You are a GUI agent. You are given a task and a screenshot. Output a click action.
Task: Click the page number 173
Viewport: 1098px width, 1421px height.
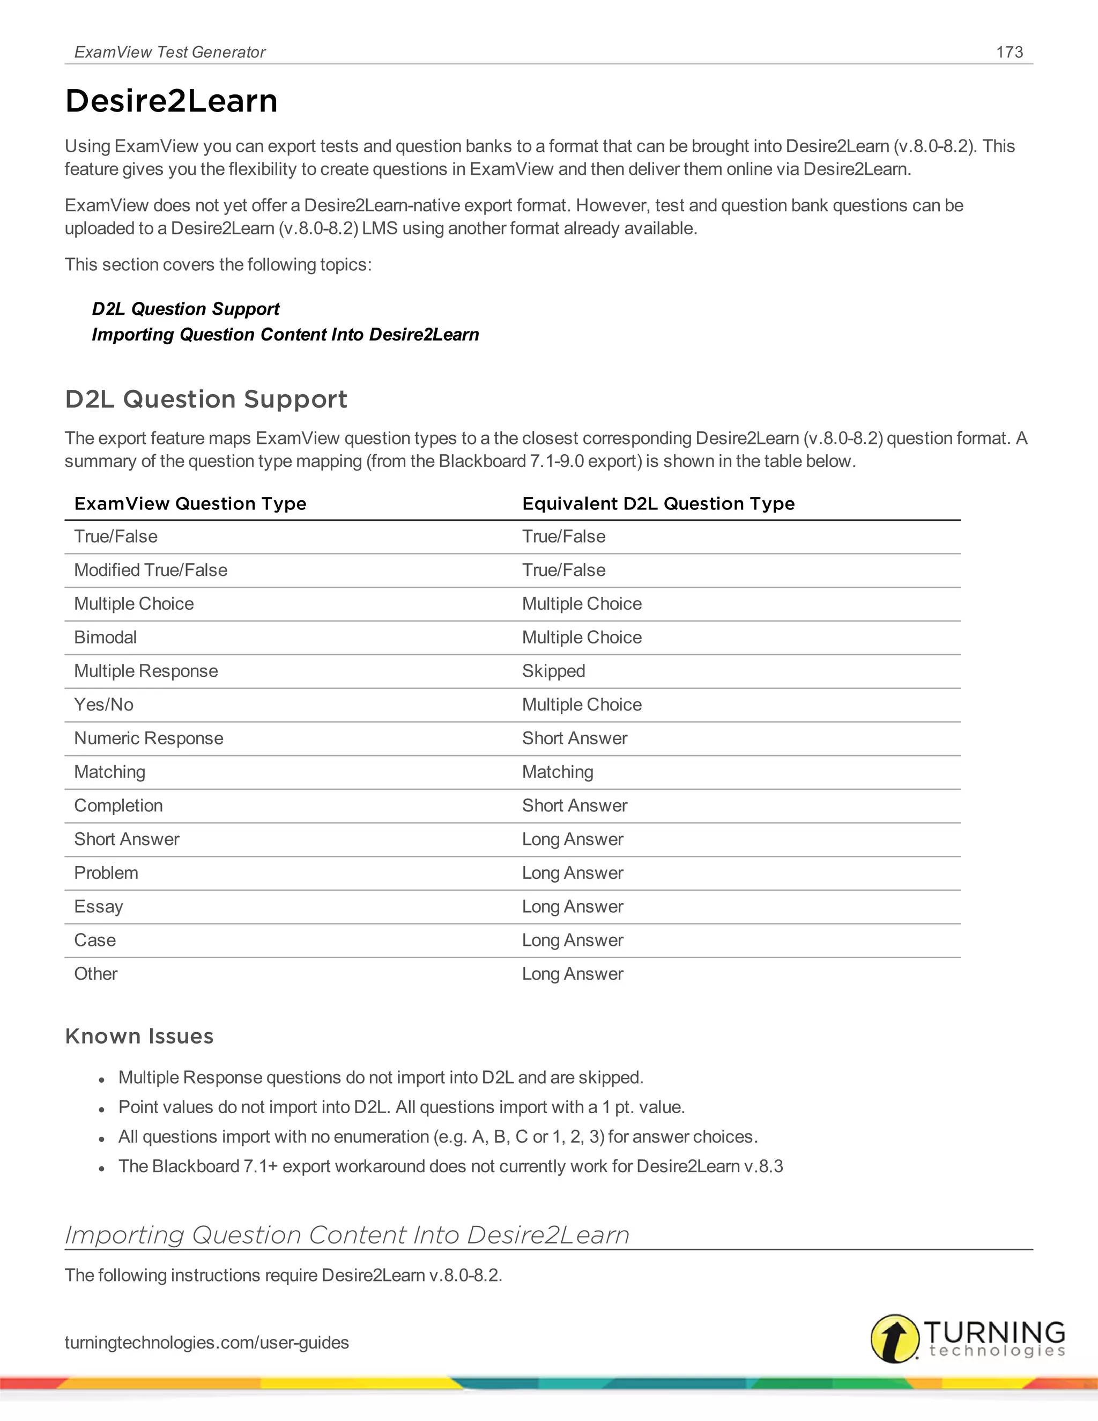tap(1009, 52)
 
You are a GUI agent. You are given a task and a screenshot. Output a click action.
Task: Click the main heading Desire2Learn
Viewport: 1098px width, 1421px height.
tap(171, 101)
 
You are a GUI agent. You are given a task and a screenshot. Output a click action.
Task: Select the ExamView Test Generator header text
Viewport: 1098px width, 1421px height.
tap(170, 52)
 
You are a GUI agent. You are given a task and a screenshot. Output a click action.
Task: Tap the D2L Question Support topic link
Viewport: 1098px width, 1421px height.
tap(186, 308)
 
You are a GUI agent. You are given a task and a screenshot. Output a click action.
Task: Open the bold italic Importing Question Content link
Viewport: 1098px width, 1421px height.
tap(285, 335)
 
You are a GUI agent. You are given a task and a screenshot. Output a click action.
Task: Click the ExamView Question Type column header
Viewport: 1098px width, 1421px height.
tap(190, 504)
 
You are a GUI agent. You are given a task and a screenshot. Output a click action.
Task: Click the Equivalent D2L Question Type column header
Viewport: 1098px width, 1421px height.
tap(658, 504)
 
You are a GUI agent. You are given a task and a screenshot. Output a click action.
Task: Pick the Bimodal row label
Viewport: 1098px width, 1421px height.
tap(106, 637)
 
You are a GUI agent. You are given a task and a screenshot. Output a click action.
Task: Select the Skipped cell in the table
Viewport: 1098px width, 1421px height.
tap(553, 671)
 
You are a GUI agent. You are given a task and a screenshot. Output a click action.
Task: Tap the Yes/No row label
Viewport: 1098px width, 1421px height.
tap(103, 705)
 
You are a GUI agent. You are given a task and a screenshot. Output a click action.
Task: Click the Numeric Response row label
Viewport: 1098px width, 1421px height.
tap(149, 738)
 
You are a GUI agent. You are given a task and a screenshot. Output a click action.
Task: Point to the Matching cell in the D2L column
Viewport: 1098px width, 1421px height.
tap(558, 772)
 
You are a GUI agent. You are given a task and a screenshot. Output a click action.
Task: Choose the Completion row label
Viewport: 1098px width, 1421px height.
tap(118, 805)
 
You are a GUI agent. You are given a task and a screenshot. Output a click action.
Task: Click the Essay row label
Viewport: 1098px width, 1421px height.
tap(98, 906)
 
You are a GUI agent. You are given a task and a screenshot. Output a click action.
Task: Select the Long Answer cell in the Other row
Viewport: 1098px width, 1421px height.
tap(573, 973)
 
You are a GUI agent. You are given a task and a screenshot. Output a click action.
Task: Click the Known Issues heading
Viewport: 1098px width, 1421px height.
tap(139, 1036)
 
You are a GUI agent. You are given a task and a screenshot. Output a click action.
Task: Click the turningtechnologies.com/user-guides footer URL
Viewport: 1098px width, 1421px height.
tap(207, 1342)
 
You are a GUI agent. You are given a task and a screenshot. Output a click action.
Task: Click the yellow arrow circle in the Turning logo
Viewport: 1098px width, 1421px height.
tap(894, 1338)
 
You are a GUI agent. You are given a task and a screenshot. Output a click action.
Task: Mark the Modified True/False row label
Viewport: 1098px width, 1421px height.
tap(150, 570)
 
